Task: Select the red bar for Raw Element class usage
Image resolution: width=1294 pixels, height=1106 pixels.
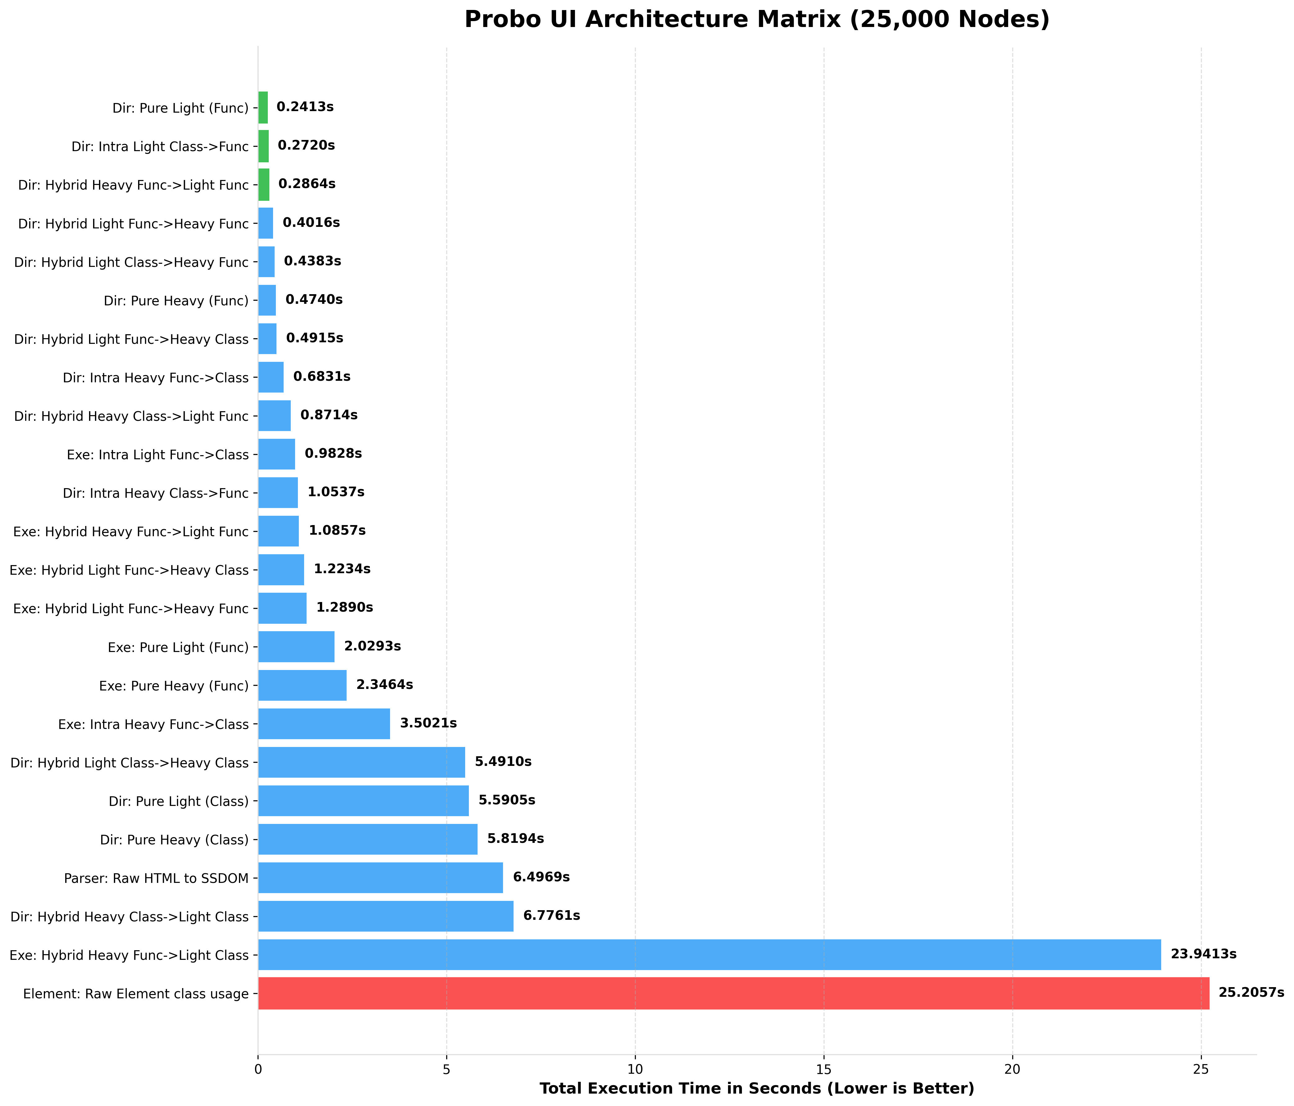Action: pyautogui.click(x=733, y=993)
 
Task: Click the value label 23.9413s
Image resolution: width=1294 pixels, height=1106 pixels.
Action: pyautogui.click(x=1203, y=954)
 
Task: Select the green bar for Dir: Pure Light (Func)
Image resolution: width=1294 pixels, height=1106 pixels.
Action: pyautogui.click(x=263, y=107)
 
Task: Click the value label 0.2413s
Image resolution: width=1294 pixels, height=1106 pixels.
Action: pyautogui.click(x=305, y=107)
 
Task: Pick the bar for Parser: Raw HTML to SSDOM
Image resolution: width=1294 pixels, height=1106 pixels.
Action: pyautogui.click(x=380, y=877)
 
